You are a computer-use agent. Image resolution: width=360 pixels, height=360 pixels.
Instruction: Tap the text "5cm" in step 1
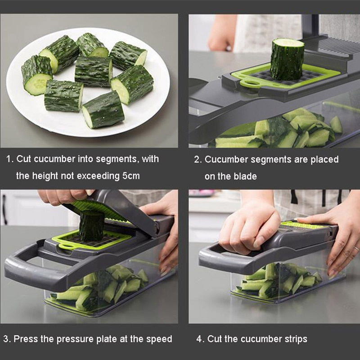tap(130, 176)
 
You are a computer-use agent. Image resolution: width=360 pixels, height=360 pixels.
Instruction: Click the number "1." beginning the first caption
tap(9, 159)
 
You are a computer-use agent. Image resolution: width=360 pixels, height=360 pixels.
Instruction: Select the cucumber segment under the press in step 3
tap(91, 226)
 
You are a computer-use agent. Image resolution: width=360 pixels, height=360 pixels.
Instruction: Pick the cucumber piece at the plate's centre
tap(93, 71)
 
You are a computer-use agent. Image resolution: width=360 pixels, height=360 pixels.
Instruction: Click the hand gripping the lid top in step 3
tap(63, 197)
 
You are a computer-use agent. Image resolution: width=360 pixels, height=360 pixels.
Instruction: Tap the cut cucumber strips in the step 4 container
tap(279, 281)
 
